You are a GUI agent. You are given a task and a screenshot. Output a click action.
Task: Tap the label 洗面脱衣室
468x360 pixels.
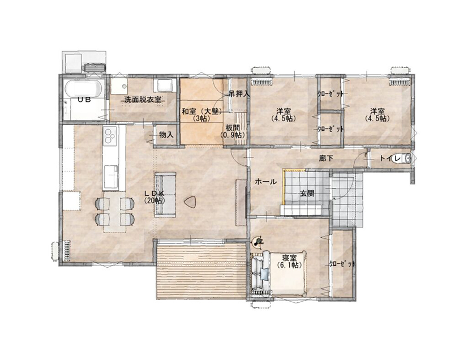coord(143,100)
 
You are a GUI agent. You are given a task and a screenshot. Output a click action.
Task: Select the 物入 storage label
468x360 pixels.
coord(166,135)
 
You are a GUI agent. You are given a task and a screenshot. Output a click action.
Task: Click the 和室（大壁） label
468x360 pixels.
coord(203,112)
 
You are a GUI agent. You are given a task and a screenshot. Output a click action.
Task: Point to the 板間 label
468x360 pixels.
coord(233,128)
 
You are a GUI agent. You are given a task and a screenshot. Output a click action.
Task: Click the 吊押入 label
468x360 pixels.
coord(239,94)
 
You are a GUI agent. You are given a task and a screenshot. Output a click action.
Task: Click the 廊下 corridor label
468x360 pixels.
coord(326,158)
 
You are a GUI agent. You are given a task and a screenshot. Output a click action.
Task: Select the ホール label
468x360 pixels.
coord(266,182)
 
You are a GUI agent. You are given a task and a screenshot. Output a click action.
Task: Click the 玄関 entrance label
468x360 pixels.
coord(307,194)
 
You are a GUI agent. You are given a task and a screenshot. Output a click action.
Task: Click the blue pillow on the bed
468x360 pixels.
coord(264,274)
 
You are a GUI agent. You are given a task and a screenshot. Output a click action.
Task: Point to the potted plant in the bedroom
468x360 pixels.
coord(257,242)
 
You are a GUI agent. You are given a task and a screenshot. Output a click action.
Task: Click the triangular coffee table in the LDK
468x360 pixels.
coord(190,203)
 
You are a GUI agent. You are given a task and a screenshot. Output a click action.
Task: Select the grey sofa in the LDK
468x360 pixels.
coord(165,195)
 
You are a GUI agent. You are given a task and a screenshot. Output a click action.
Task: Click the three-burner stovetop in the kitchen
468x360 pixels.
coord(110,135)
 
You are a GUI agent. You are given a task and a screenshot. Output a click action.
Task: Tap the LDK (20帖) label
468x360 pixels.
coord(154,197)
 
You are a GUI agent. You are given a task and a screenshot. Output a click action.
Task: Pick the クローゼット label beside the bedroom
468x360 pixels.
coord(342,264)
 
